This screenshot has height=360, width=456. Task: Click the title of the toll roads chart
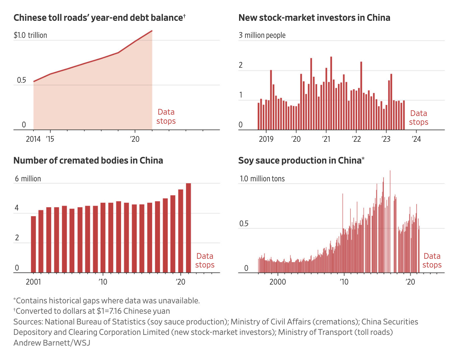point(99,18)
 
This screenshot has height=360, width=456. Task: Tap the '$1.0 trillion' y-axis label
point(30,35)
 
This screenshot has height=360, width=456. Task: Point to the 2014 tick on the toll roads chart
point(33,139)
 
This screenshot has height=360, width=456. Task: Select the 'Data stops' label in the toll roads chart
point(166,117)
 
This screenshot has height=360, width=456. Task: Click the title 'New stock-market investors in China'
point(314,18)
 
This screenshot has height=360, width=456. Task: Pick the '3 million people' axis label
point(262,35)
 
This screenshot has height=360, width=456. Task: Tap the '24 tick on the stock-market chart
point(416,139)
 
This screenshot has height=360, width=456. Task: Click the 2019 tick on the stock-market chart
point(266,139)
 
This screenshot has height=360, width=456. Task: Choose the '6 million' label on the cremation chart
point(27,179)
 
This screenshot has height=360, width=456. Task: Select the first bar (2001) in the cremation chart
point(34,244)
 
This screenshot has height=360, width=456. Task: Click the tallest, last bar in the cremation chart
point(188,228)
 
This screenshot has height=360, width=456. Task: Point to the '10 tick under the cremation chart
point(103,282)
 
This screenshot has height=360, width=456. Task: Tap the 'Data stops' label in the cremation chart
point(205,260)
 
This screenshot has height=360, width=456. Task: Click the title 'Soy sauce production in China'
point(301,161)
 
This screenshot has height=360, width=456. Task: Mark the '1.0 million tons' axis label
point(262,179)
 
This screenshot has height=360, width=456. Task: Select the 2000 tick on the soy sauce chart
point(278,282)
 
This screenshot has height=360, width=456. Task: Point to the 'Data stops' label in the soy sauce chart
point(432,260)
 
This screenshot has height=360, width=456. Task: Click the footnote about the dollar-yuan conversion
point(92,311)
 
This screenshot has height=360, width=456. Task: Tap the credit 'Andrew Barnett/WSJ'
point(52,343)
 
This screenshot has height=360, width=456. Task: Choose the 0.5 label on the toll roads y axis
point(21,80)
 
